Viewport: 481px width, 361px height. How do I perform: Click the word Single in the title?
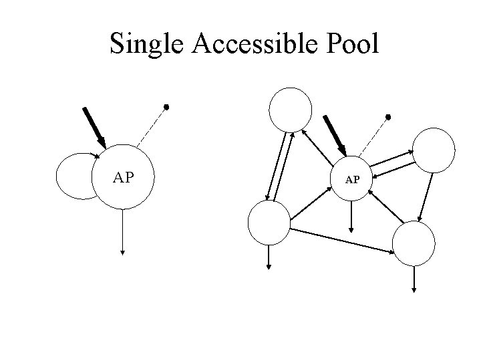tap(149, 44)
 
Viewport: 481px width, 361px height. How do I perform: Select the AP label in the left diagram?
tap(124, 177)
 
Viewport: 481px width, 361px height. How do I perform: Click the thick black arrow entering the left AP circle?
tap(93, 127)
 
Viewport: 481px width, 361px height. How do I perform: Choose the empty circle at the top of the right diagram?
tap(290, 108)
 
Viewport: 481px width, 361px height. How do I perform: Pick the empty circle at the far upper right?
tap(434, 148)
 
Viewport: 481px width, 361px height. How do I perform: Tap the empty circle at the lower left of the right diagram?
tap(269, 224)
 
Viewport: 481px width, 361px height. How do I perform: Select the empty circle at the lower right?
tap(414, 244)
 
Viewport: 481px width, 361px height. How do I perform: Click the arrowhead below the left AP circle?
tap(123, 252)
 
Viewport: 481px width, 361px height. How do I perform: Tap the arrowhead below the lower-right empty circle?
tap(414, 289)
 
